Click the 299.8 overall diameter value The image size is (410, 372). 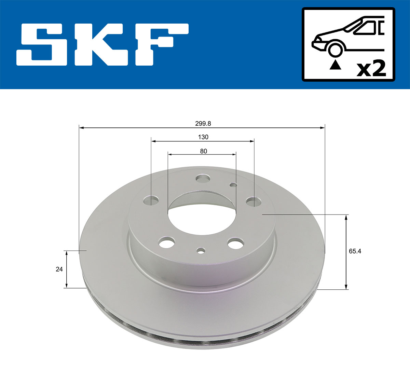(x=203, y=124)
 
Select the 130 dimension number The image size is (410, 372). (x=203, y=137)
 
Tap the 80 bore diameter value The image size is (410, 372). (x=204, y=151)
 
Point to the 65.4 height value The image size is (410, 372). (x=355, y=251)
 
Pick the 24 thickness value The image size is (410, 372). (x=59, y=269)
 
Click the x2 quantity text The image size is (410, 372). (x=371, y=69)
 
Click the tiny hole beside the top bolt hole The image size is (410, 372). (x=233, y=185)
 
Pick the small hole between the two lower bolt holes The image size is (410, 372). (x=201, y=251)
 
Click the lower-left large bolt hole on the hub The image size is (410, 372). (x=167, y=243)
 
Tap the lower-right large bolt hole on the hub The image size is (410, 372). (x=236, y=244)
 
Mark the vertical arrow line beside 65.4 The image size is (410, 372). (x=346, y=252)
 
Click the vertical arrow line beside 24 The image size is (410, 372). (x=67, y=269)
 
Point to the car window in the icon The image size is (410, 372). (x=367, y=27)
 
